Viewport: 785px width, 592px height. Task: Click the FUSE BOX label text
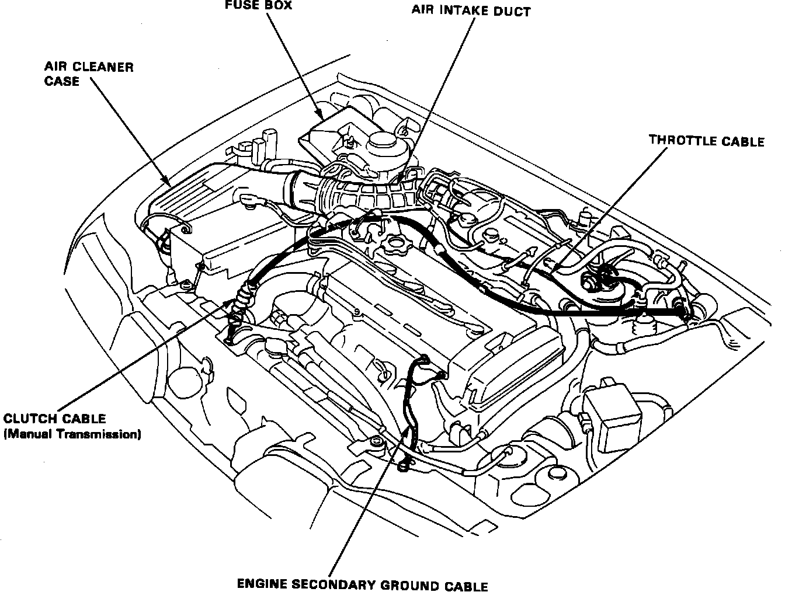click(258, 6)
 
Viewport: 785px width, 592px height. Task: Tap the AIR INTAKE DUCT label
click(471, 11)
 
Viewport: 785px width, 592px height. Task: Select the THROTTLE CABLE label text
click(707, 141)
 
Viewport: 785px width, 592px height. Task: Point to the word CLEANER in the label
click(104, 67)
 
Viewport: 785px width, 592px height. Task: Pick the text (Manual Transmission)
click(72, 434)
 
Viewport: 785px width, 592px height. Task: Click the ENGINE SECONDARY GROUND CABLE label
click(362, 584)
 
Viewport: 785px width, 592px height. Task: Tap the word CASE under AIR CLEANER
click(61, 81)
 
